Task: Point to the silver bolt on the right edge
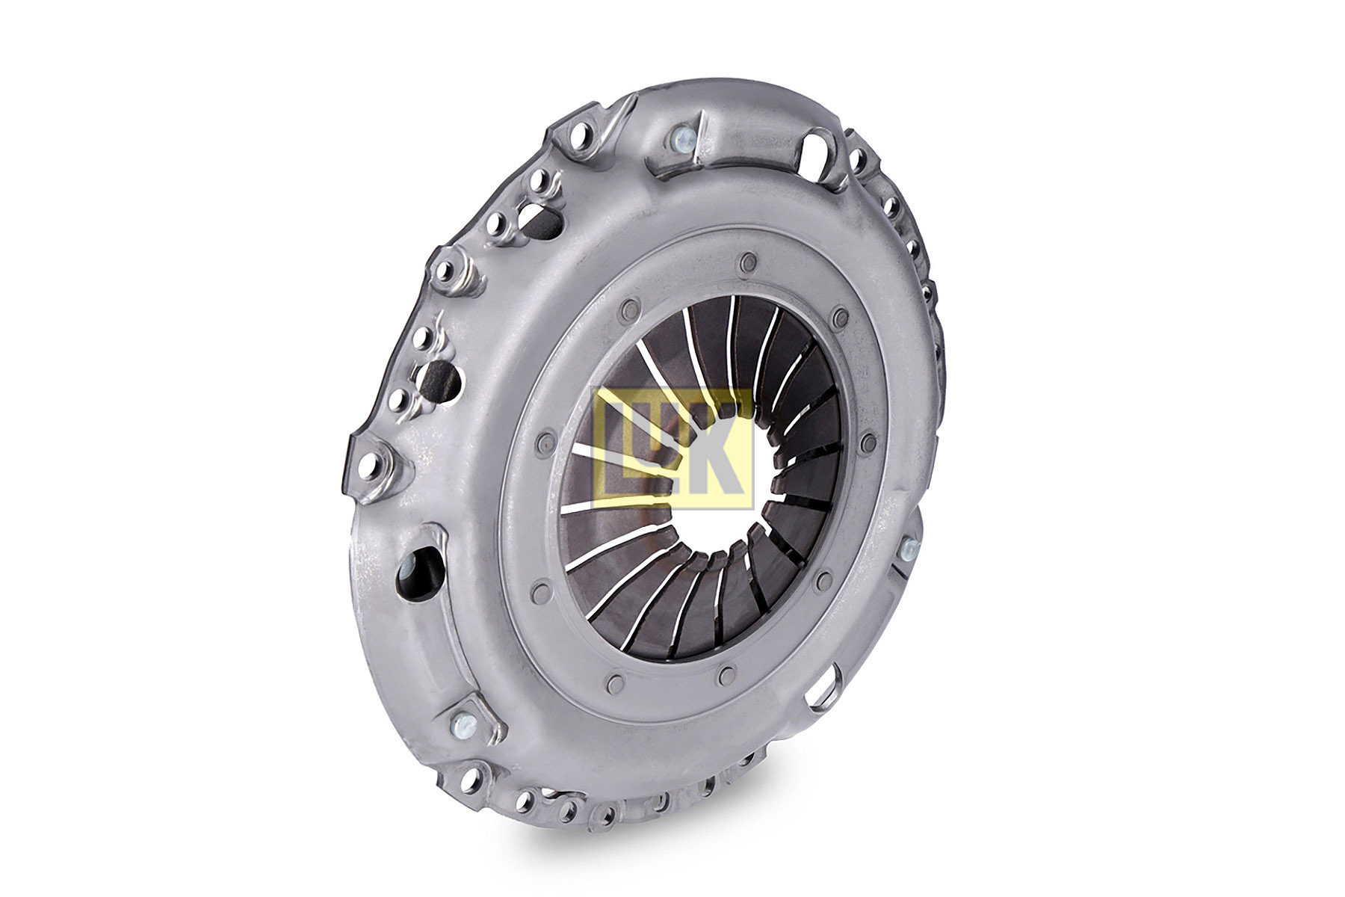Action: tap(909, 549)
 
